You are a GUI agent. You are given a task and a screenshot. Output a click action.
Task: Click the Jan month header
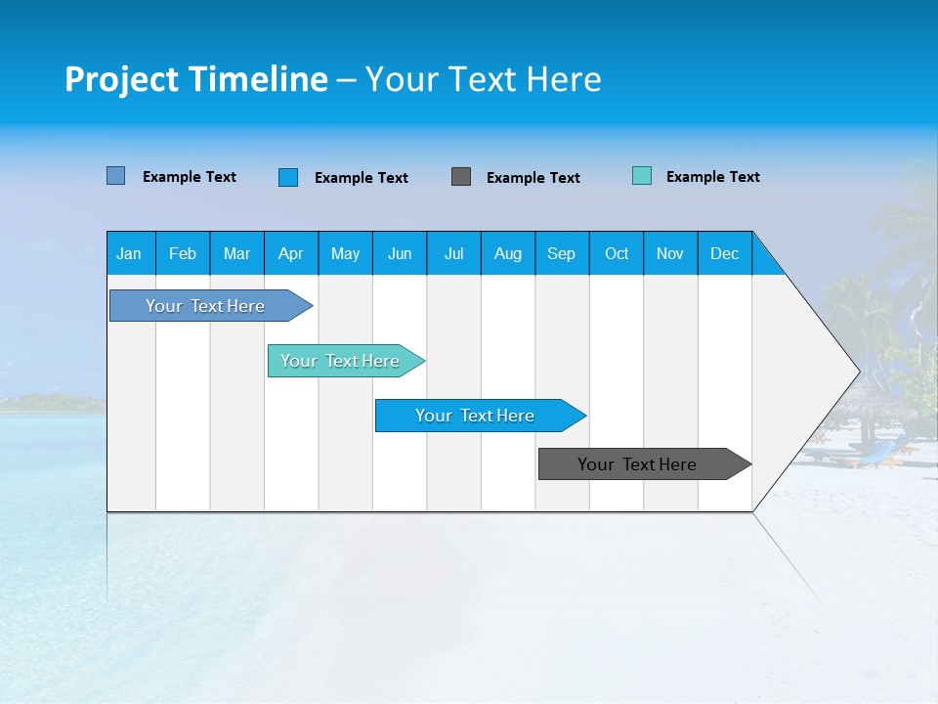129,253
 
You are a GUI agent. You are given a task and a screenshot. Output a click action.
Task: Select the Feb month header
183,253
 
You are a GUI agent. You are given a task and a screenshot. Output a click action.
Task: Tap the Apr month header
290,253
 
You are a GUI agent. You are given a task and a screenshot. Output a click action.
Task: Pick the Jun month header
400,253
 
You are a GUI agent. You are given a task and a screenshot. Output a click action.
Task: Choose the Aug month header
507,253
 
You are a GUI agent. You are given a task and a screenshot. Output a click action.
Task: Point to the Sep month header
561,253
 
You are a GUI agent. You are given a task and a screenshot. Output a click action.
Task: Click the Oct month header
617,253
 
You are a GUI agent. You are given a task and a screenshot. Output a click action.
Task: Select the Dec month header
724,253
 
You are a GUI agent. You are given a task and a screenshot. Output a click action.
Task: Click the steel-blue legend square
116,176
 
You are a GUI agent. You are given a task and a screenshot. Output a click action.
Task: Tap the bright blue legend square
288,177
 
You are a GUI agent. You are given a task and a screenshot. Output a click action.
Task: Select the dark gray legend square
461,177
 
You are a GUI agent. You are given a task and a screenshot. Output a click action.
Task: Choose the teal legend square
642,176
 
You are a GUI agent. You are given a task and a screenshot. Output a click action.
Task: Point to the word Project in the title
120,79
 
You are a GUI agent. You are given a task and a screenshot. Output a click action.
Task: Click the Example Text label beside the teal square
712,177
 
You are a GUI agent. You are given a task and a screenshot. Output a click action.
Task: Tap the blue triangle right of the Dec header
764,261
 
